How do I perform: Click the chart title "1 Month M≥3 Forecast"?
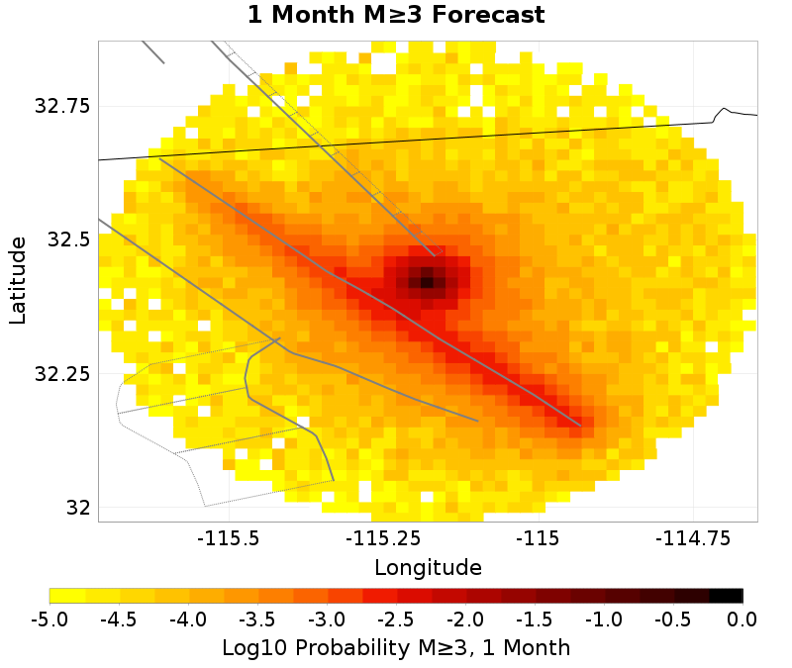point(396,16)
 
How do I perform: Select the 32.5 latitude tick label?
point(67,240)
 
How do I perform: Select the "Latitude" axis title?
point(18,280)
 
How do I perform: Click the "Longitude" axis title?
point(428,568)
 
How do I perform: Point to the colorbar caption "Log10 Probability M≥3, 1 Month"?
point(396,648)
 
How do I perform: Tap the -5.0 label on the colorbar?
point(49,620)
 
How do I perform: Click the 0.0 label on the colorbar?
point(742,620)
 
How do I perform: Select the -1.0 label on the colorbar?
point(604,620)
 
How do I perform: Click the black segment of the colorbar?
point(726,595)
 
